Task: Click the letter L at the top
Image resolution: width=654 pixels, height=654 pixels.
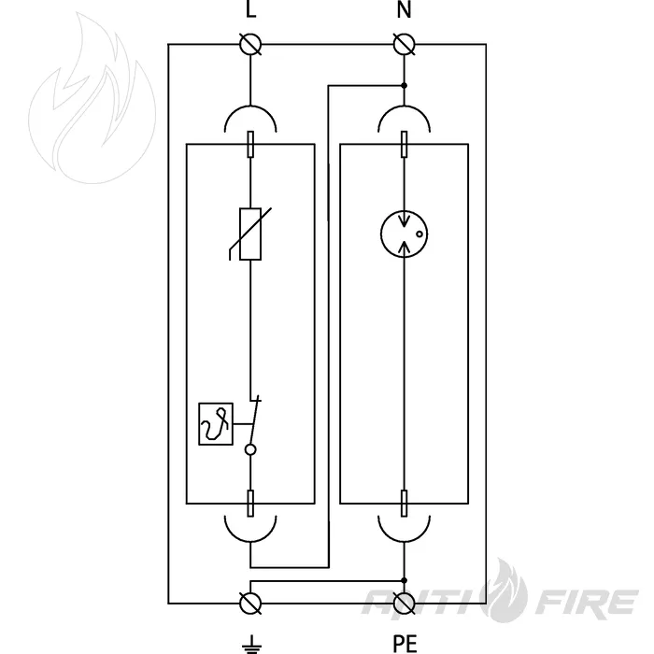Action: pos(250,8)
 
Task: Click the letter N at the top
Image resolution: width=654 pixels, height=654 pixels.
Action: pos(404,8)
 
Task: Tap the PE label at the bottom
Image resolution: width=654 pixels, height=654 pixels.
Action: pos(405,643)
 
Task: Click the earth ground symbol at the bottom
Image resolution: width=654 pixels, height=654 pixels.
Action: pos(251,645)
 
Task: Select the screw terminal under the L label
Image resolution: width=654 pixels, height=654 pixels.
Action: pos(250,44)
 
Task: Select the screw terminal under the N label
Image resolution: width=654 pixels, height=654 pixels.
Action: pos(405,44)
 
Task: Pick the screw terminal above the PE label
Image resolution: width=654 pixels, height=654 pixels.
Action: pos(405,604)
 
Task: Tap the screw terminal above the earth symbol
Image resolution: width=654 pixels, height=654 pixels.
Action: pos(250,604)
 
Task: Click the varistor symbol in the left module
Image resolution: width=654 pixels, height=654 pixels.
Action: pos(250,234)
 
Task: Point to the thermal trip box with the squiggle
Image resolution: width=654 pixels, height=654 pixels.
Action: pos(216,424)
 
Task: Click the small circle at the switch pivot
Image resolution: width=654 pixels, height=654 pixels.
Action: pos(250,449)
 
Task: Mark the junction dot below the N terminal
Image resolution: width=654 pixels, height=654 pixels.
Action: pos(404,86)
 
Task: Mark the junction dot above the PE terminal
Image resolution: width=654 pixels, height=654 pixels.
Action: pos(404,580)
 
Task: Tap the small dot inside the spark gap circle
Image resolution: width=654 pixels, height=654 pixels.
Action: pos(419,234)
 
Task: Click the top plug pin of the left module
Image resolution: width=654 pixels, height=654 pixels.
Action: pos(250,144)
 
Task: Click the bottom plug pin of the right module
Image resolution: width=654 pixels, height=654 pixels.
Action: pos(404,504)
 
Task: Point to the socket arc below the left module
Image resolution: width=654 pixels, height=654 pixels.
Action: pos(250,542)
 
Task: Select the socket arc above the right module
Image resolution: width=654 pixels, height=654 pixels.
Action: pos(404,106)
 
